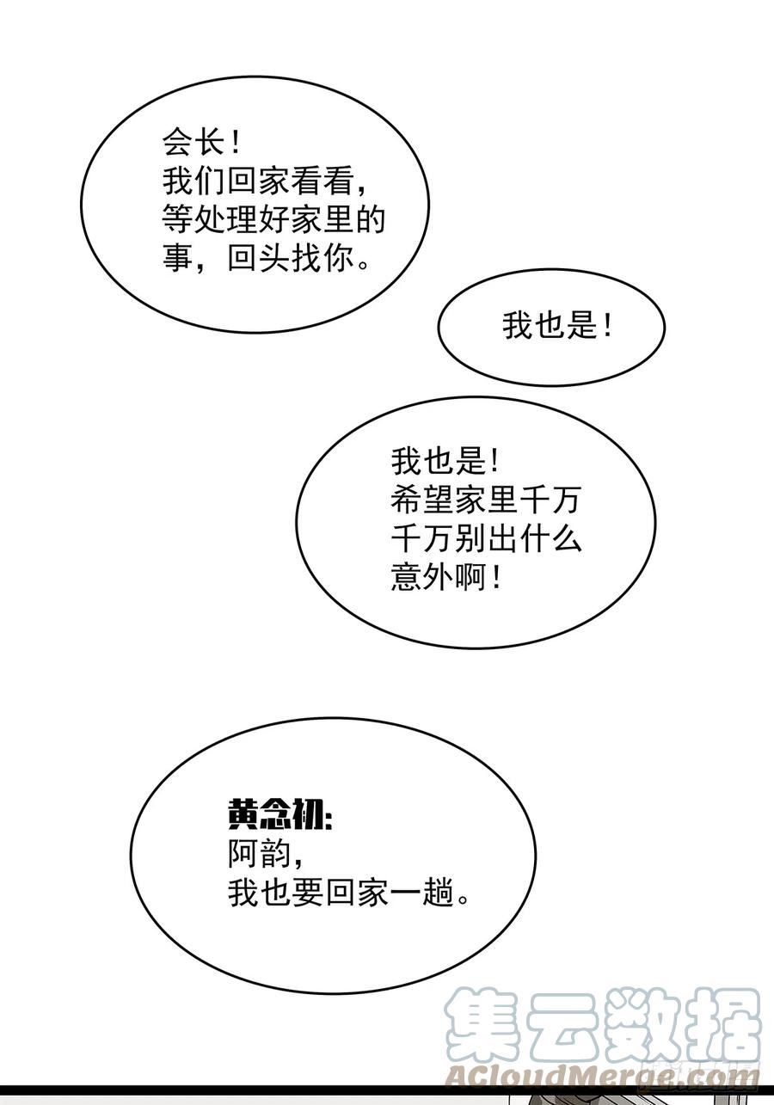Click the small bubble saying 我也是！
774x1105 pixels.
tap(551, 328)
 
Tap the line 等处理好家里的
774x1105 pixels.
tap(273, 219)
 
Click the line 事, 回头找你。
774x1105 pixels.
tap(266, 257)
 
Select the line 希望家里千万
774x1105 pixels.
tap(487, 500)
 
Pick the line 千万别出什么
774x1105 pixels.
tap(487, 538)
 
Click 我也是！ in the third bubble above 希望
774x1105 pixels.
tap(445, 463)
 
